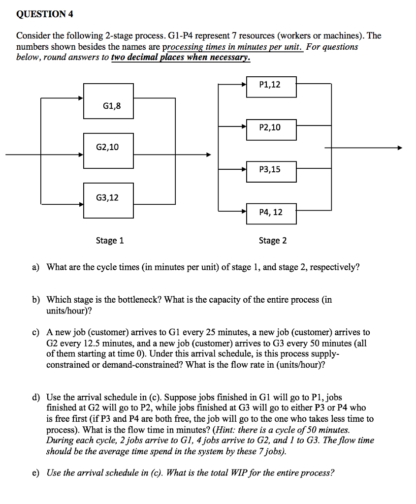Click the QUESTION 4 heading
coord(45,14)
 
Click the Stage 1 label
coord(110,241)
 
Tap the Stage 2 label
coord(273,241)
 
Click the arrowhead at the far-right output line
coord(399,148)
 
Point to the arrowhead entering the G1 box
coord(80,98)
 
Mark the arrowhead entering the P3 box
coord(244,169)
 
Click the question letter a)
coord(35,267)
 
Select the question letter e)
coord(35,473)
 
